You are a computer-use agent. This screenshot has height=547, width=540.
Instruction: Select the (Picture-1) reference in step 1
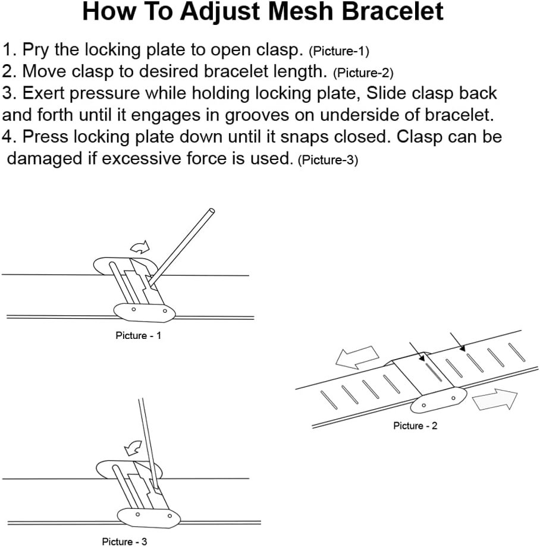pos(339,51)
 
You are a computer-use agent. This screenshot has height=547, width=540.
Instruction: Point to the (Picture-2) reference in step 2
pos(363,73)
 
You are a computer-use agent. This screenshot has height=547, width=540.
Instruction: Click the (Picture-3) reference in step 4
pos(328,161)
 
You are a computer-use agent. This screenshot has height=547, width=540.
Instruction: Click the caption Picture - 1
pos(138,336)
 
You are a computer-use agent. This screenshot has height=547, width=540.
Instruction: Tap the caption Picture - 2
pos(415,426)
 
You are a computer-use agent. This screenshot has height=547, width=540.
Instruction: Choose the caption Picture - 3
pos(124,542)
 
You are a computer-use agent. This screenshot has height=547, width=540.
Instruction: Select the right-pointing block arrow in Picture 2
pos(495,400)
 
